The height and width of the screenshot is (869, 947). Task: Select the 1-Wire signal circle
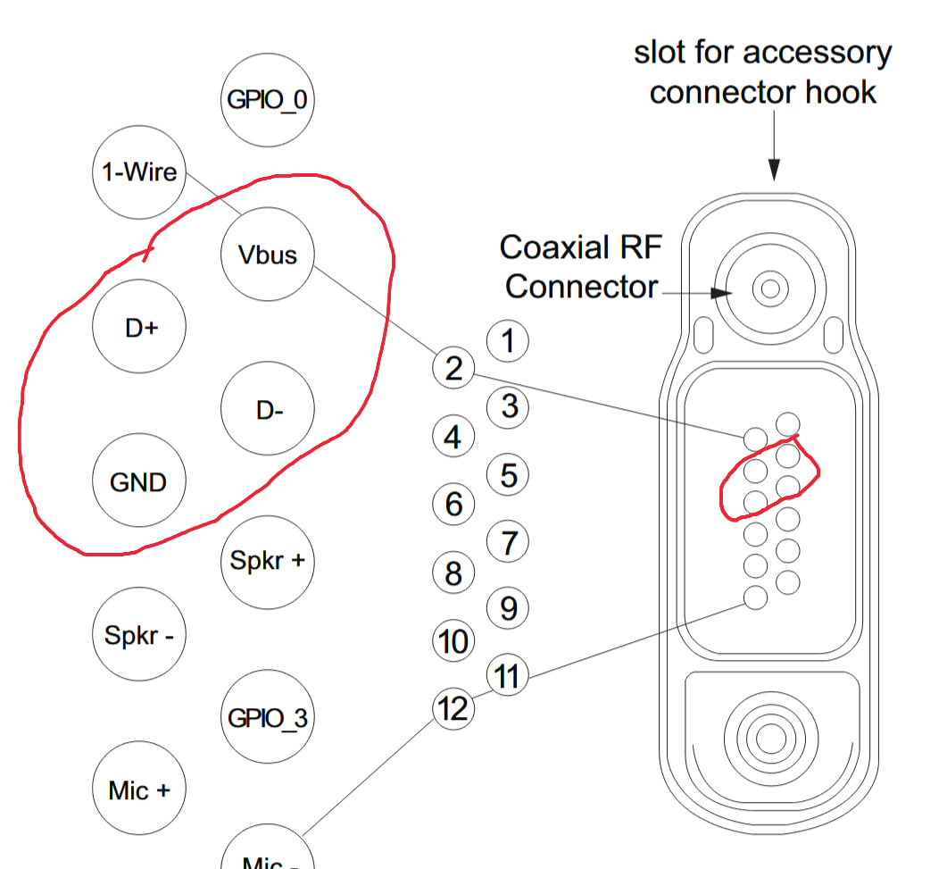(x=139, y=171)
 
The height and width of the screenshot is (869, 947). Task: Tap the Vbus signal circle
(x=268, y=255)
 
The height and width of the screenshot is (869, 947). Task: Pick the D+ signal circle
(x=140, y=327)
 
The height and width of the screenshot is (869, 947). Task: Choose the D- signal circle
(x=268, y=410)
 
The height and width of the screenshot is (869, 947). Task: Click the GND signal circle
(x=138, y=482)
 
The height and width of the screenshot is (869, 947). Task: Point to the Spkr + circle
(x=267, y=562)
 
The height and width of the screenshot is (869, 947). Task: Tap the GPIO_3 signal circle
(x=267, y=718)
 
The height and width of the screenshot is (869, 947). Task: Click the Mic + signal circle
(x=138, y=790)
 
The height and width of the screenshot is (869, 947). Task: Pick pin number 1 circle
(x=508, y=340)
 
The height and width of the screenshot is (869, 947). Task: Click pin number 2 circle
(x=453, y=367)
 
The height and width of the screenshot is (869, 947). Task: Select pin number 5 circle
(x=508, y=474)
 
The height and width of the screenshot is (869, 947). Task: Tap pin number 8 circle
(x=453, y=572)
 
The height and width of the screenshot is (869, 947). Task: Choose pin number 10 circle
(x=453, y=640)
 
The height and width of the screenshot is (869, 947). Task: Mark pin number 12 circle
(x=453, y=708)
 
